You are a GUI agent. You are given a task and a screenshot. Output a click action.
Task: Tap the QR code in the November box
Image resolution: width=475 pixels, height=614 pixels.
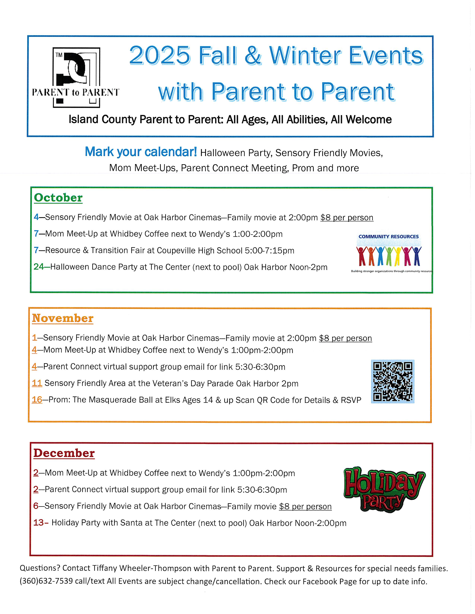392,381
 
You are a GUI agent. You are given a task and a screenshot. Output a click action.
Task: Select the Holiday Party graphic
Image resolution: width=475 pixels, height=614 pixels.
384,489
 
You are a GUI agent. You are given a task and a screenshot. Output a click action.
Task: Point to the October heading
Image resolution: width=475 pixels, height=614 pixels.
58,198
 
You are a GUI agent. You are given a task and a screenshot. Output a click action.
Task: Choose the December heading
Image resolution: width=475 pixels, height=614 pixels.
64,453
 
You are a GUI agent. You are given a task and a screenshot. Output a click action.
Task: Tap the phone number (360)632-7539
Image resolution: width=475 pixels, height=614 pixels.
46,581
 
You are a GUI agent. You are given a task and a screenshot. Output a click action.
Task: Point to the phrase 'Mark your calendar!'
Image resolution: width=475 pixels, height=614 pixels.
141,152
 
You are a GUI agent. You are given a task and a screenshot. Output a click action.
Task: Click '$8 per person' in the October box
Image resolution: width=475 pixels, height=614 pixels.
347,218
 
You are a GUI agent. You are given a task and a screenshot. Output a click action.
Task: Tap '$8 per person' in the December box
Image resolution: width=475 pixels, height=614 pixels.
305,506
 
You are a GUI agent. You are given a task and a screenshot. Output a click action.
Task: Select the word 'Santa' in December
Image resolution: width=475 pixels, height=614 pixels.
131,523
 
